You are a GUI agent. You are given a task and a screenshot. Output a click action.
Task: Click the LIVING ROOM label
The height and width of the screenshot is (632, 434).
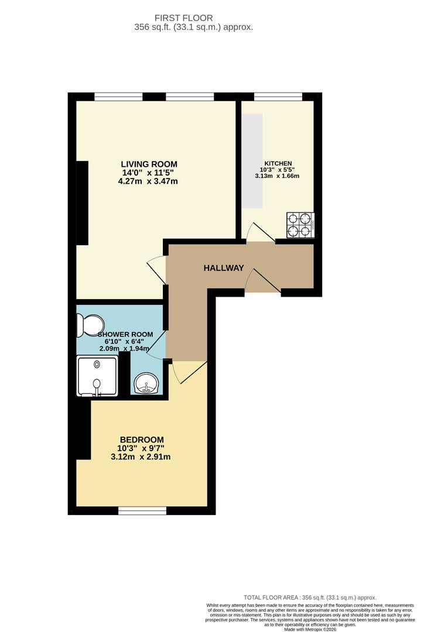(x=149, y=164)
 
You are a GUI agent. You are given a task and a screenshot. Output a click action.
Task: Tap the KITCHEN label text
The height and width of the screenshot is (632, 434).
(x=278, y=163)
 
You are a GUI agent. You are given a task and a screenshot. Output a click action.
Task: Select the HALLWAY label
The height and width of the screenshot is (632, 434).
(x=224, y=268)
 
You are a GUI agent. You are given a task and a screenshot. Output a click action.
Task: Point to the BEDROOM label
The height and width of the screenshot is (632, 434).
(x=142, y=439)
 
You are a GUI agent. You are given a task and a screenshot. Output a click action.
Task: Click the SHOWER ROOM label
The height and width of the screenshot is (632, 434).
(x=125, y=335)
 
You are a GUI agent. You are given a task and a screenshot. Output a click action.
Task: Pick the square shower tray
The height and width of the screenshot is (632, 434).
(x=97, y=376)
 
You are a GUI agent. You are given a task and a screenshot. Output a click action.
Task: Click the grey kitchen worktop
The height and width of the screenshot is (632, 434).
(x=252, y=160)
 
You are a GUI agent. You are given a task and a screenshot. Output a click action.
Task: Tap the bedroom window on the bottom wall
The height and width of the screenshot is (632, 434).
(x=142, y=511)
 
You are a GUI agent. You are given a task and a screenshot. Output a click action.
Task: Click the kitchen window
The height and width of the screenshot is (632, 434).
(x=278, y=97)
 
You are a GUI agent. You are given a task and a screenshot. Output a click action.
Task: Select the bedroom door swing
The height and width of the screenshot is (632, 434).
(x=188, y=371)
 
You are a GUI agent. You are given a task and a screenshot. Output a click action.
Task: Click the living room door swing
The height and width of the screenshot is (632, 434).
(x=156, y=269)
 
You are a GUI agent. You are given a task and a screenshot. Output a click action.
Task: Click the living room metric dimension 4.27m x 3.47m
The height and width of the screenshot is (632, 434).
(x=148, y=181)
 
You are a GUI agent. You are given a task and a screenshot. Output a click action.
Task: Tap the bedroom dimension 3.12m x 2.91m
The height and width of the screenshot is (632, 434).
(x=141, y=457)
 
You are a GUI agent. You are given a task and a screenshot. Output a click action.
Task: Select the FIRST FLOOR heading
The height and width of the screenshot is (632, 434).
(x=183, y=18)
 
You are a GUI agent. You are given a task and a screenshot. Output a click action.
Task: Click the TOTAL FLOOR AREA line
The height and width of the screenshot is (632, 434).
(x=310, y=597)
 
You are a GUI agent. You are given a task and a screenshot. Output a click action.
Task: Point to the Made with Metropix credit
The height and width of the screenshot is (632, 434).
(x=310, y=628)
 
